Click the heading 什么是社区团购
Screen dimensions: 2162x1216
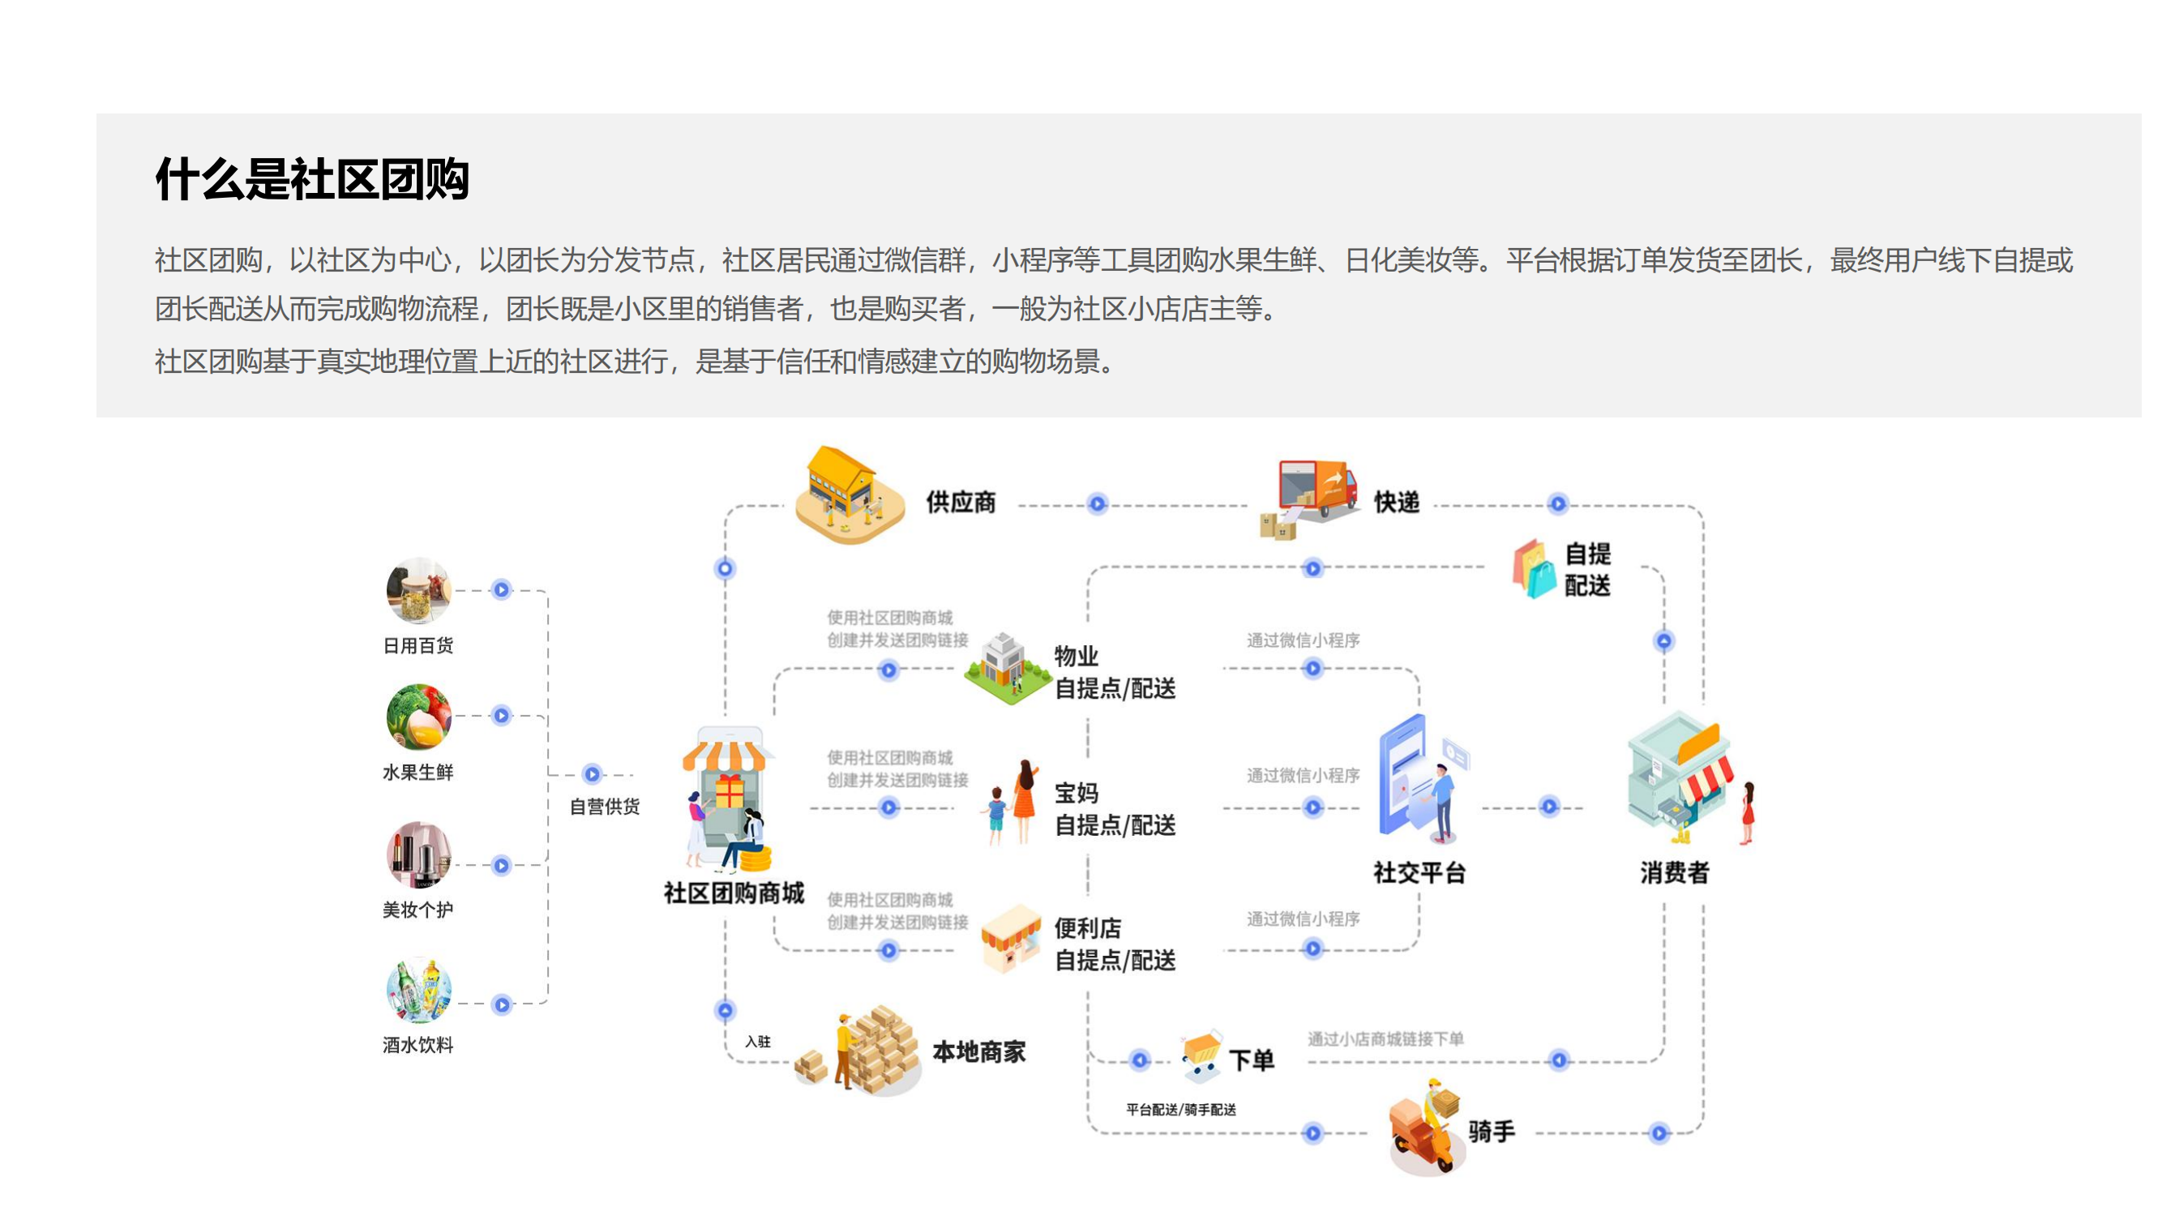click(x=312, y=178)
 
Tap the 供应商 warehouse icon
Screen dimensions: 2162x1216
click(x=850, y=495)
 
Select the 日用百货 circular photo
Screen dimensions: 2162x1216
click(x=419, y=590)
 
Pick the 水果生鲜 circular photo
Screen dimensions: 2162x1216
click(x=419, y=717)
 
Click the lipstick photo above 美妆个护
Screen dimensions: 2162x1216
click(x=419, y=854)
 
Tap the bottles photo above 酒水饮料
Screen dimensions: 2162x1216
click(x=419, y=991)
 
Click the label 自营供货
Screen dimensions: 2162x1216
click(x=604, y=807)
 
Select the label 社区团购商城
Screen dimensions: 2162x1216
click(x=734, y=893)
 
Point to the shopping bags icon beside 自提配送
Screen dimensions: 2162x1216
click(x=1535, y=568)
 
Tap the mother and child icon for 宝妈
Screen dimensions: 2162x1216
click(x=1013, y=803)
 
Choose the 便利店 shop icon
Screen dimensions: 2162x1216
click(x=1012, y=938)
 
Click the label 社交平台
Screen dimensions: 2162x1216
click(x=1419, y=873)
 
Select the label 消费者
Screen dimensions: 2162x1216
click(x=1674, y=873)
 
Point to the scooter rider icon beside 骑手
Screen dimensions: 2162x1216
click(x=1427, y=1127)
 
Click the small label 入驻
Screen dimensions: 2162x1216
click(x=757, y=1042)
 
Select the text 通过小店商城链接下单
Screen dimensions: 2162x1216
click(x=1385, y=1039)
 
